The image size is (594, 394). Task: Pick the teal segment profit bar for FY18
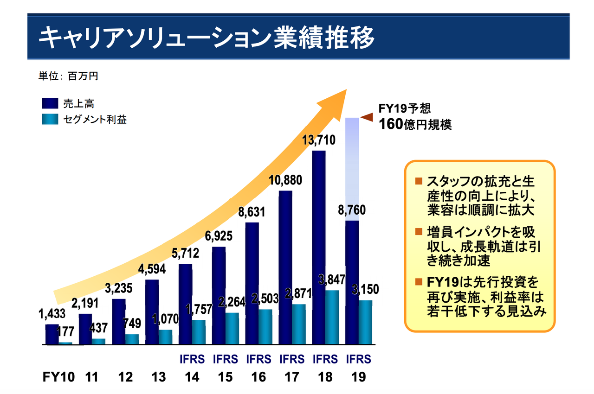pyautogui.click(x=332, y=318)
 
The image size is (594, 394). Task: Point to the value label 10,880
pyautogui.click(x=285, y=179)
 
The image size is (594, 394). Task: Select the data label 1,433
pyautogui.click(x=52, y=314)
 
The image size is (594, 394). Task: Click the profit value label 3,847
pyautogui.click(x=332, y=280)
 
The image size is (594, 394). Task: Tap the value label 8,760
pyautogui.click(x=352, y=210)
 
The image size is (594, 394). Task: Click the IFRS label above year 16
pyautogui.click(x=258, y=359)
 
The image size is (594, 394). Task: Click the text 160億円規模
pyautogui.click(x=415, y=124)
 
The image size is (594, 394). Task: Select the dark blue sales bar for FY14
pyautogui.click(x=185, y=304)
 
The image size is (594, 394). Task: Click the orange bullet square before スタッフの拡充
pyautogui.click(x=419, y=181)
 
